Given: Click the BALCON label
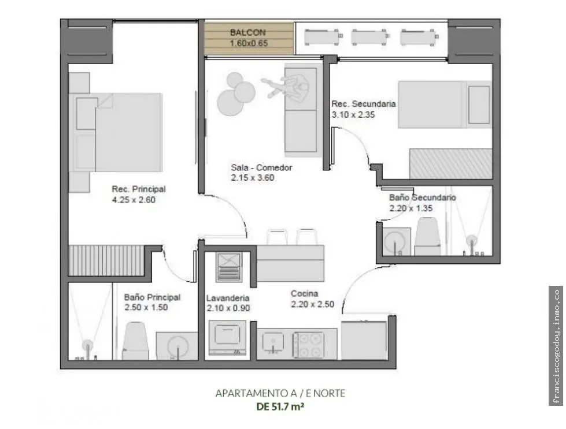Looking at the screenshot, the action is tap(247, 32).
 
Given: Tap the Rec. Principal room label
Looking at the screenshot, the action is tap(139, 189).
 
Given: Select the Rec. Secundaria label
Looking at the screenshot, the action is tap(364, 104).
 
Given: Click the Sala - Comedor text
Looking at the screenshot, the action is tap(261, 167).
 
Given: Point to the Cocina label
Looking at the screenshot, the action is tap(304, 294).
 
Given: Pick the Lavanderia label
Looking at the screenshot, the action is tap(228, 298).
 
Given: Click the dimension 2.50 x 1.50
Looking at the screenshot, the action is tap(146, 308).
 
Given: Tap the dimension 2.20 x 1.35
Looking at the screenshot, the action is tap(411, 208).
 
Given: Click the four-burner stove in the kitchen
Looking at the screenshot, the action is tap(308, 345).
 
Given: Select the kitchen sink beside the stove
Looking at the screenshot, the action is tap(273, 342).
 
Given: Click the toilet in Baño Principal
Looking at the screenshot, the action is tap(135, 341).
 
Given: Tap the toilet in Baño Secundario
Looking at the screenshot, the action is tap(427, 237).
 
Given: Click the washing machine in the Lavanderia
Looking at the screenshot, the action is tap(227, 337).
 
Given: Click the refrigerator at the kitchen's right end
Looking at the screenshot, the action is tap(364, 340).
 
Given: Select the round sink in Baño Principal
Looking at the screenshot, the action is tap(177, 347).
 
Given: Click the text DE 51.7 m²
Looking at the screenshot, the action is tap(280, 406).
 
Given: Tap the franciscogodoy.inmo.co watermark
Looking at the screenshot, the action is tap(556, 346).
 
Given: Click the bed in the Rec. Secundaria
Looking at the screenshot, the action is tap(445, 105).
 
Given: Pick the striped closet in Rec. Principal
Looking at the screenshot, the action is tap(106, 260).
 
